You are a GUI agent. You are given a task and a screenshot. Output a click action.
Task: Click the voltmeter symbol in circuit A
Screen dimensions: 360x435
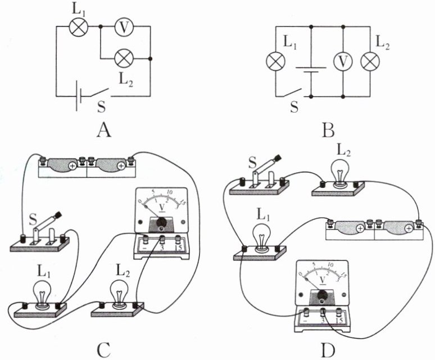pyautogui.click(x=124, y=26)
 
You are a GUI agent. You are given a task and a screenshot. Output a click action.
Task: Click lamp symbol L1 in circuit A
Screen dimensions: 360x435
pyautogui.click(x=76, y=26)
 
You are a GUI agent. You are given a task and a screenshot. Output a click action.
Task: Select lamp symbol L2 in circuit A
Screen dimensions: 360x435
pyautogui.click(x=123, y=58)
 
